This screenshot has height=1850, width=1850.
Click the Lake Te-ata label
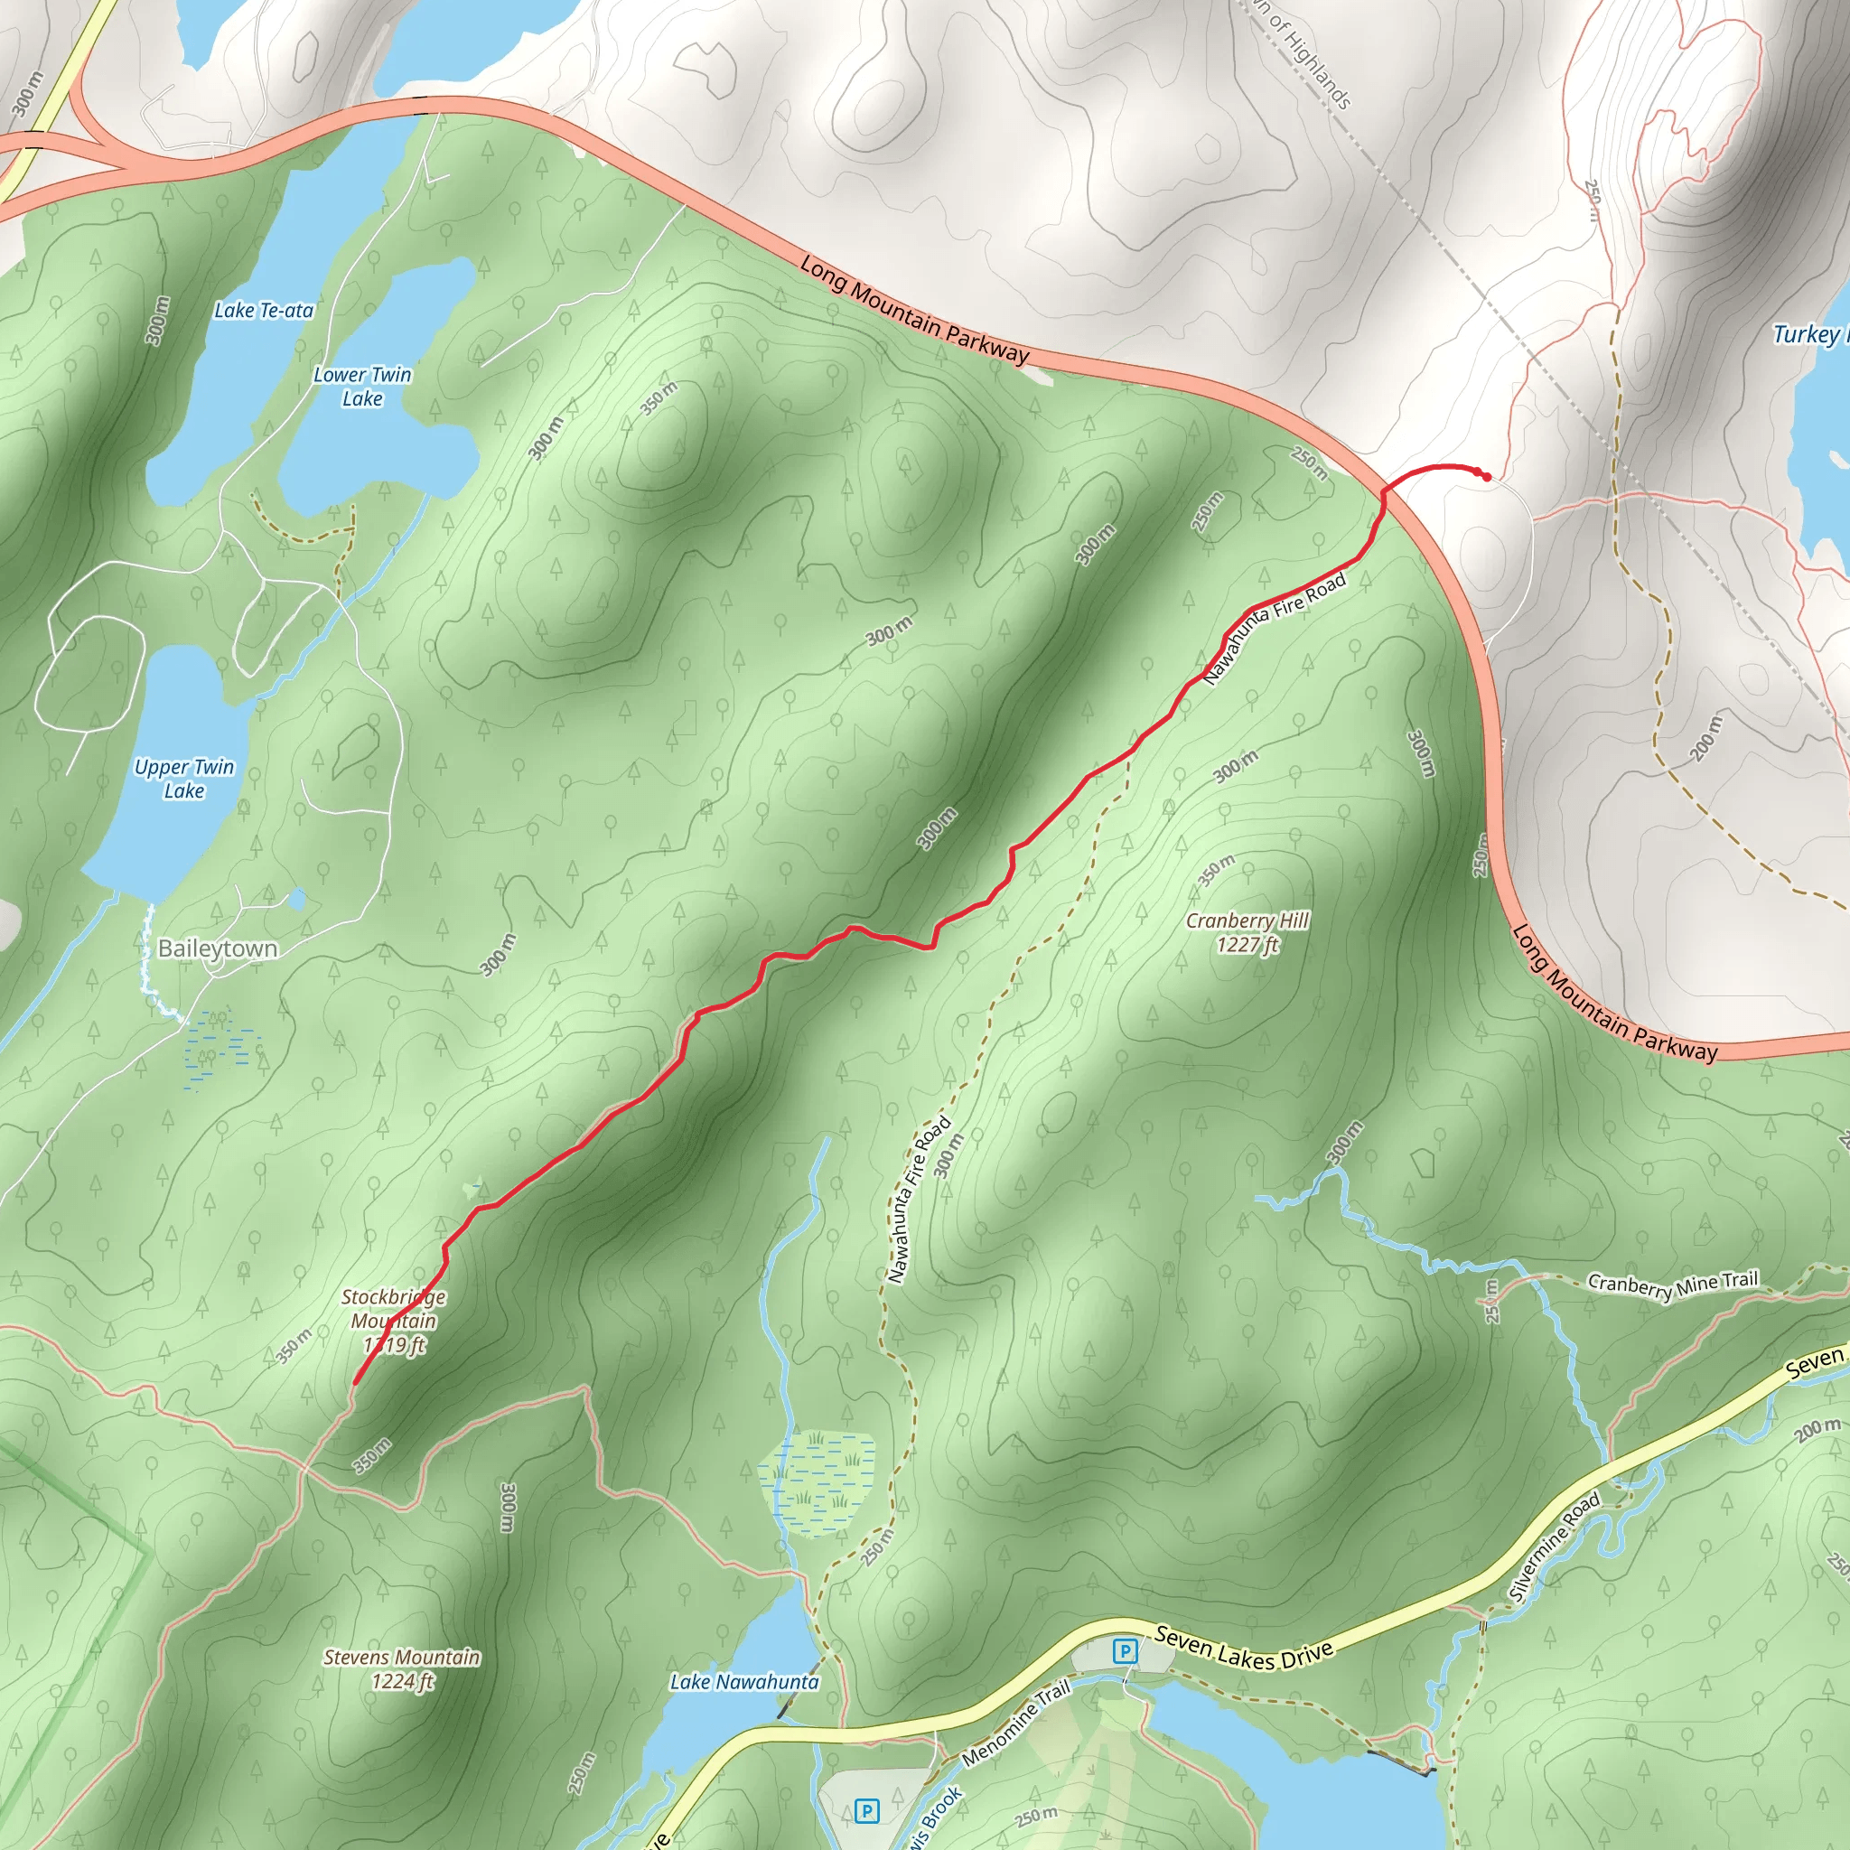point(264,310)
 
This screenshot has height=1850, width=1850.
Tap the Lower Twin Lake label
point(362,387)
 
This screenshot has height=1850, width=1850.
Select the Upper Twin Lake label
point(184,779)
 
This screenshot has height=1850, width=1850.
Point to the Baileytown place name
point(218,949)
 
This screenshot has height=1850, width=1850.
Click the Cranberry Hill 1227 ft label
point(1247,932)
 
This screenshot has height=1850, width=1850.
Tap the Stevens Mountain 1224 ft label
point(402,1669)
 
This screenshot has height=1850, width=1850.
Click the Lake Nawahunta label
point(744,1681)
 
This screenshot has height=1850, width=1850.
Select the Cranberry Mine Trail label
point(1673,1285)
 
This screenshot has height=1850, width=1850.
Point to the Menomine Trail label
point(1016,1724)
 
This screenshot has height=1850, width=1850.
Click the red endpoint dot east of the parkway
point(1486,476)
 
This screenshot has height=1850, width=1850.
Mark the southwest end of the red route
point(355,1383)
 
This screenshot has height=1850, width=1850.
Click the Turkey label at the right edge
point(1808,334)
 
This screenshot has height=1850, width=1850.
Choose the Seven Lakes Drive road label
point(1243,1648)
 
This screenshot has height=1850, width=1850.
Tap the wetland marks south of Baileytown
point(221,1049)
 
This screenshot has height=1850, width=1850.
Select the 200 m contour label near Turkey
point(1705,737)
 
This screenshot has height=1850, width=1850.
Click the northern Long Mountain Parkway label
point(914,309)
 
